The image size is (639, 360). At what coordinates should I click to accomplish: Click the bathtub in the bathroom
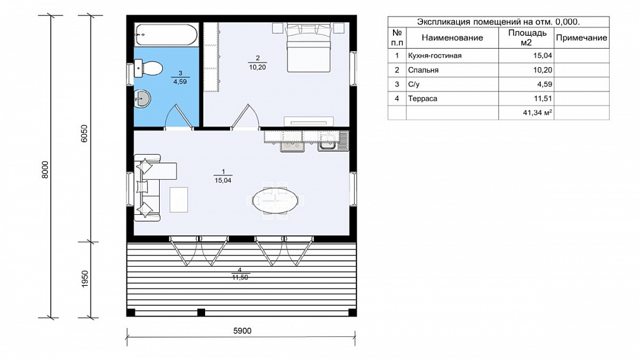[x=166, y=35]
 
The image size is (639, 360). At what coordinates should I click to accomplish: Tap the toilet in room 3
[x=148, y=68]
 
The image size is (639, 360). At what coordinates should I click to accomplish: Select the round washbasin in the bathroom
[x=142, y=98]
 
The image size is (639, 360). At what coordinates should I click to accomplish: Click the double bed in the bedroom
[x=308, y=48]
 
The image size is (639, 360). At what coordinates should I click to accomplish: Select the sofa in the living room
[x=147, y=187]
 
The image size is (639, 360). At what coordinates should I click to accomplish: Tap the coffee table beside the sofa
[x=178, y=200]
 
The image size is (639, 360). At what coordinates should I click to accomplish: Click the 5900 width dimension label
[x=242, y=331]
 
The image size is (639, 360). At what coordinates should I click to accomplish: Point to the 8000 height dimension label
[x=45, y=169]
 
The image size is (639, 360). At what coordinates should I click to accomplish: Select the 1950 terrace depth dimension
[x=85, y=279]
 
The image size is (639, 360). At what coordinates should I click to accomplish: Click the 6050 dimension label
[x=84, y=133]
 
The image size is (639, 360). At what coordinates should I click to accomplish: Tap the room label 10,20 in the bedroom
[x=258, y=67]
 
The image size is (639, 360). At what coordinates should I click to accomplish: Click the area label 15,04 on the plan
[x=223, y=180]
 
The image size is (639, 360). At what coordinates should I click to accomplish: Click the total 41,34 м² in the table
[x=537, y=113]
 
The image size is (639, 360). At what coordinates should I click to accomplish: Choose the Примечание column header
[x=581, y=38]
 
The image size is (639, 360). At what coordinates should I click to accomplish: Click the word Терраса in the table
[x=422, y=98]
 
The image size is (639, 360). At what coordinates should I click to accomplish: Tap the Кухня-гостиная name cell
[x=452, y=56]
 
